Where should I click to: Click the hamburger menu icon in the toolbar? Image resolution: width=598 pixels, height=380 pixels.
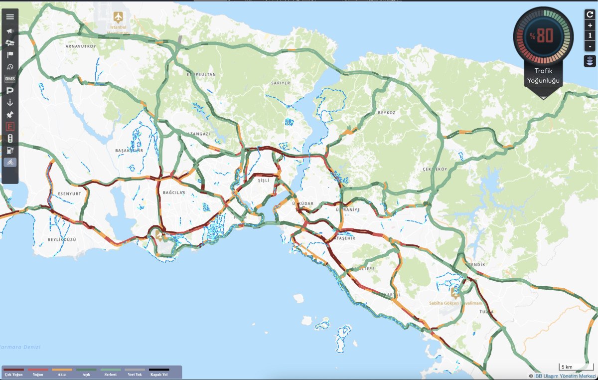pos(10,16)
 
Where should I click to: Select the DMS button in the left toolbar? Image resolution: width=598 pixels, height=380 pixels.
pos(10,79)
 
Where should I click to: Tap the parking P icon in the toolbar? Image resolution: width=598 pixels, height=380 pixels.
pos(10,91)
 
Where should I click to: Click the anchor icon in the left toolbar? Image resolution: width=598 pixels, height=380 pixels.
pos(10,103)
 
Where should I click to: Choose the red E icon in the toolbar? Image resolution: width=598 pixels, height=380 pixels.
pos(10,127)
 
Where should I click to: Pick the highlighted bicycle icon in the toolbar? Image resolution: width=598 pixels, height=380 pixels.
pos(10,162)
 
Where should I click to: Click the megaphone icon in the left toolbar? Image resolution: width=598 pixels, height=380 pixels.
pos(10,31)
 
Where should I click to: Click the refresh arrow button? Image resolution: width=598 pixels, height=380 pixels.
pos(590,14)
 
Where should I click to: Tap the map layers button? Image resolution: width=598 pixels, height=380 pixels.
pos(590,61)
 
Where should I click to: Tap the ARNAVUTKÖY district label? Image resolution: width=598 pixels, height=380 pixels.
pos(80,46)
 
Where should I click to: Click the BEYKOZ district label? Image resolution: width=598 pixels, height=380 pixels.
pos(386,113)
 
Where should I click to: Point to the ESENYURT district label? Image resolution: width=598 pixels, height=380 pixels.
pos(69,193)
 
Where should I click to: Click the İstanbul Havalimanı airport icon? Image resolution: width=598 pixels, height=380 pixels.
pos(119,17)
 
